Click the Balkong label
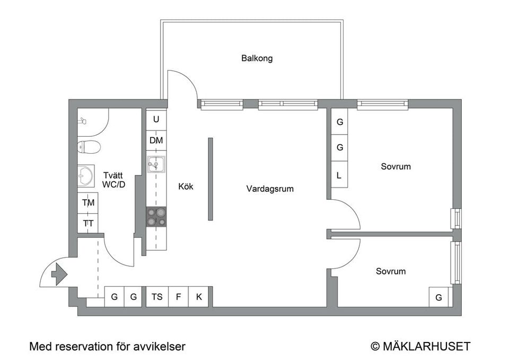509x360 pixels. pyautogui.click(x=257, y=58)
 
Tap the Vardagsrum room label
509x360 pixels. pyautogui.click(x=269, y=189)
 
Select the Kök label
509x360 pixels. pyautogui.click(x=186, y=187)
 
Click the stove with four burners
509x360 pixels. pyautogui.click(x=156, y=217)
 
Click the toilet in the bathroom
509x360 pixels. pyautogui.click(x=89, y=146)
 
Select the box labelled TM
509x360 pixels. pyautogui.click(x=88, y=203)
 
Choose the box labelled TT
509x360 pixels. pyautogui.click(x=88, y=223)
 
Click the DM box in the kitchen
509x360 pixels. pyautogui.click(x=156, y=141)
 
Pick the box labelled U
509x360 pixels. pyautogui.click(x=156, y=120)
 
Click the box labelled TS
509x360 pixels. pyautogui.click(x=157, y=297)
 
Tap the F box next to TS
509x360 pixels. pyautogui.click(x=178, y=297)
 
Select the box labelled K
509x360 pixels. pyautogui.click(x=199, y=297)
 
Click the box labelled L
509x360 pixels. pyautogui.click(x=340, y=175)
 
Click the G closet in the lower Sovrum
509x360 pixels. pyautogui.click(x=438, y=297)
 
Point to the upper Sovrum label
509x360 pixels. pyautogui.click(x=396, y=166)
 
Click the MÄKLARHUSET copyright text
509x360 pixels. pyautogui.click(x=420, y=347)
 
